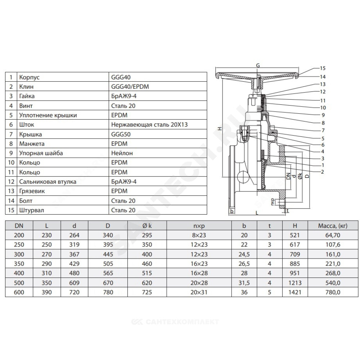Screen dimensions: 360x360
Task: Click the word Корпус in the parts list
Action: tap(29, 77)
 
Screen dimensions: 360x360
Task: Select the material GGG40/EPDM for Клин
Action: tap(130, 86)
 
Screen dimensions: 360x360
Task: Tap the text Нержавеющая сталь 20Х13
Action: tap(149, 125)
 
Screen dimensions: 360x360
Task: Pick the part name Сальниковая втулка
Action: tap(48, 181)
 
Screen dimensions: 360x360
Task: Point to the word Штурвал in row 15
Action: tap(31, 210)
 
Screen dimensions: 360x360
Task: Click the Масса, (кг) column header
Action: tap(333, 226)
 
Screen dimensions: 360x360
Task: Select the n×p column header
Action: tap(199, 226)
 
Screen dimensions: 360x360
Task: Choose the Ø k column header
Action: tap(147, 226)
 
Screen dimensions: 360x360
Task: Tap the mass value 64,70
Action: tap(333, 235)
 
